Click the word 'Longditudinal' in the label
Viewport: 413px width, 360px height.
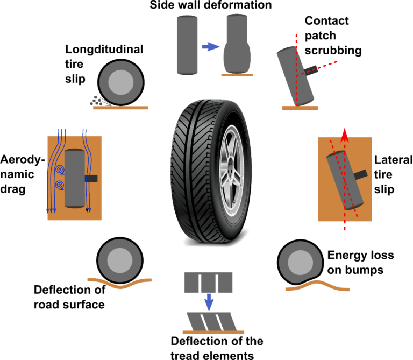(x=104, y=50)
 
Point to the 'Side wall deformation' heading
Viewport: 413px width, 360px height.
(x=211, y=5)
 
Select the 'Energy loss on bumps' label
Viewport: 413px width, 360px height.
(x=355, y=262)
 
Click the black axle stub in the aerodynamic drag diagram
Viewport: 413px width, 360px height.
(x=90, y=178)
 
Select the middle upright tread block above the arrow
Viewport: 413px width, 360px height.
(x=209, y=283)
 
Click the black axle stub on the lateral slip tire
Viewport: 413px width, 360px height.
(x=360, y=174)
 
